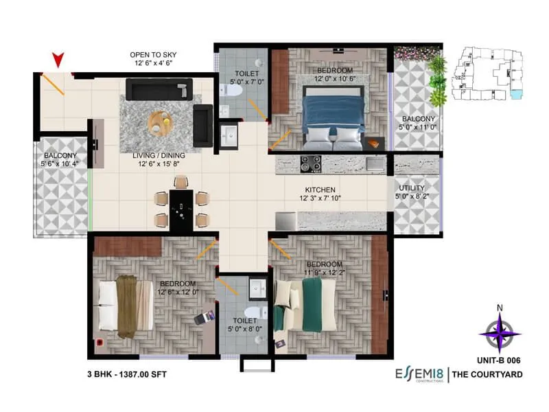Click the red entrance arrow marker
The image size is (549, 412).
[58, 60]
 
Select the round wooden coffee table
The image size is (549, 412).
[161, 124]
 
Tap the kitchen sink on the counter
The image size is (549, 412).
[375, 163]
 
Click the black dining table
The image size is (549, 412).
[181, 208]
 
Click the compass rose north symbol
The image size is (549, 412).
[500, 332]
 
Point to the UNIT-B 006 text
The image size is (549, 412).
[498, 359]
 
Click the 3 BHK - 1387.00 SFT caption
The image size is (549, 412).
[127, 374]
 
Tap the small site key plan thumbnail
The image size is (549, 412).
[490, 71]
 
